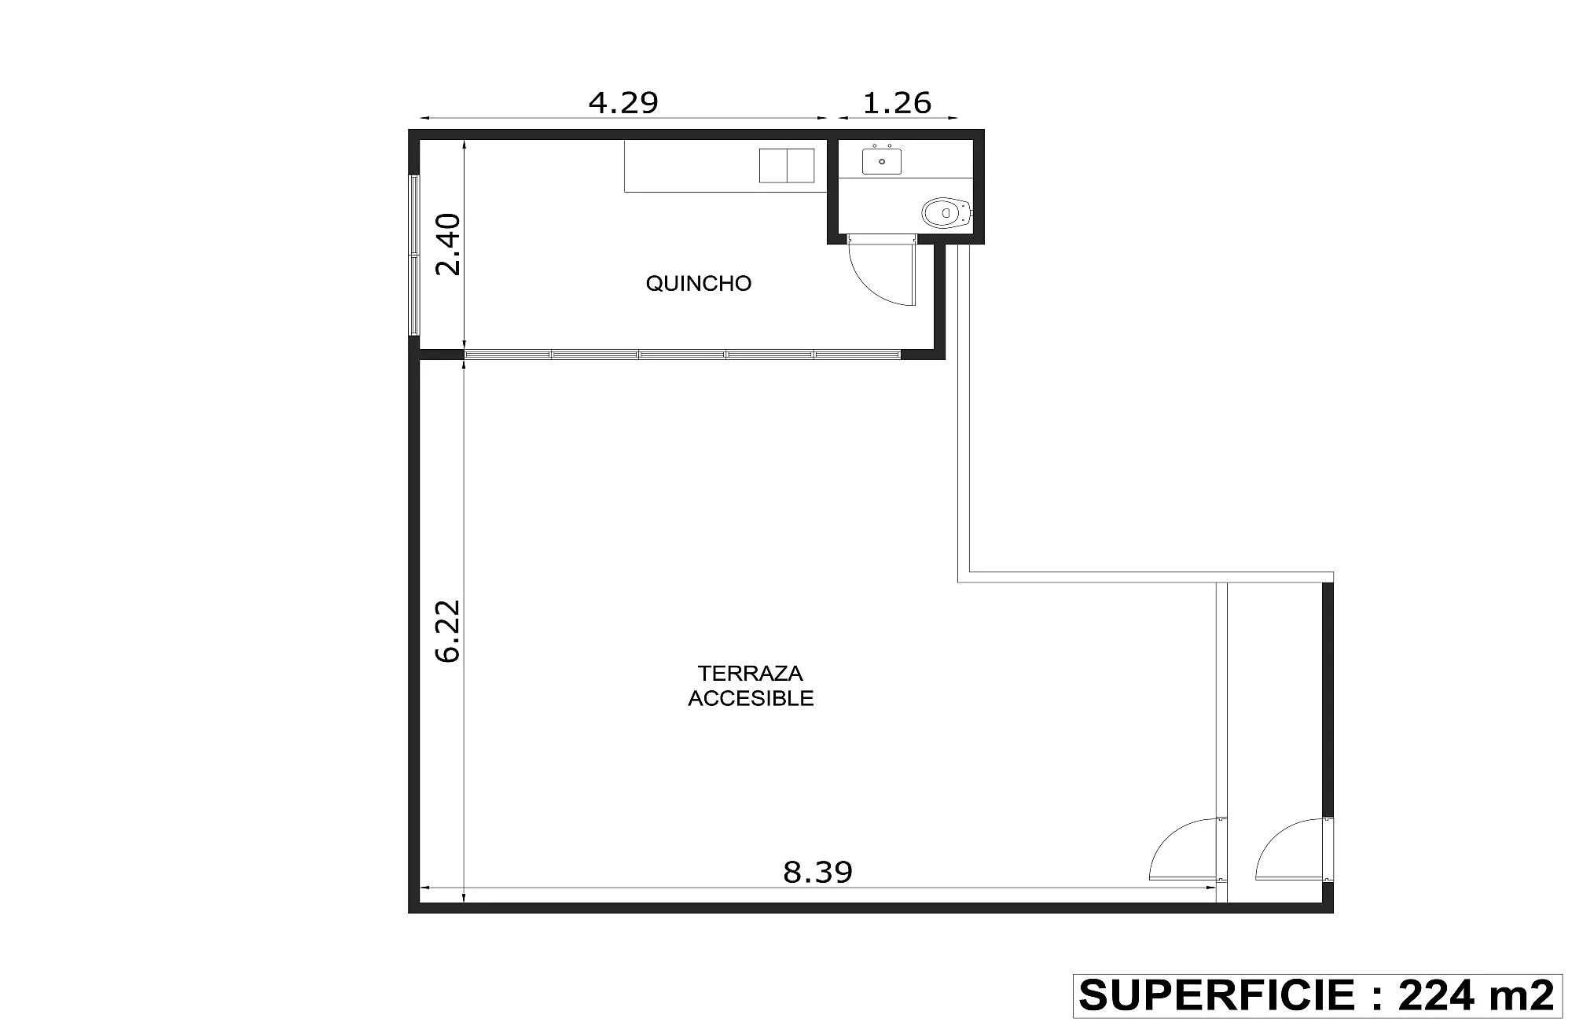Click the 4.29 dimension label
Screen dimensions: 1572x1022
pos(623,102)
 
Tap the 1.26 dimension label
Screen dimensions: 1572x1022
pos(897,102)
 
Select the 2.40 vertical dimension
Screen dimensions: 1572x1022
pos(448,244)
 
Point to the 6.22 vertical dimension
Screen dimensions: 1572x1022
pos(448,631)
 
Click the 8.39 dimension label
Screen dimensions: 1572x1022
pos(817,872)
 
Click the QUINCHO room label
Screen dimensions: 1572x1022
pos(699,283)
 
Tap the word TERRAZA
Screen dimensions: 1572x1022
pos(751,673)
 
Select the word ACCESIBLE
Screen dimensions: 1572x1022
pos(751,698)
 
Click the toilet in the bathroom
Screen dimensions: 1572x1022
pos(946,212)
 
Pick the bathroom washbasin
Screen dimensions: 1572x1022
pos(882,160)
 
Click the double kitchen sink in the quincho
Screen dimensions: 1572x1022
pos(787,165)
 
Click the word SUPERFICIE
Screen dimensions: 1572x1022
pos(1214,995)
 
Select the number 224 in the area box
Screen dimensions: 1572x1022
pos(1435,995)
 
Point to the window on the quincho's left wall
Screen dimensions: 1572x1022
pos(414,255)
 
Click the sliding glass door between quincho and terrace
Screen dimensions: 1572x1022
pos(682,355)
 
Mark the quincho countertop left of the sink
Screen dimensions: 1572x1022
pos(692,166)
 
